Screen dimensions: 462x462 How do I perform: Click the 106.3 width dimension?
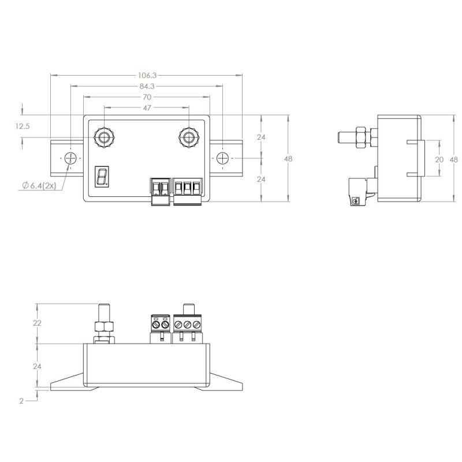[x=147, y=76]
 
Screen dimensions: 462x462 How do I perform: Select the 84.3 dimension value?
[x=147, y=86]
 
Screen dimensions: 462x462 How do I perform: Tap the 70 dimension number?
[x=147, y=97]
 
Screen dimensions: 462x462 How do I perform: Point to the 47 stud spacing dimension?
[x=147, y=108]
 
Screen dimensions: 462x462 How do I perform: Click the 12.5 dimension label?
[x=23, y=126]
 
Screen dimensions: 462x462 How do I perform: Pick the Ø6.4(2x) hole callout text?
[x=39, y=185]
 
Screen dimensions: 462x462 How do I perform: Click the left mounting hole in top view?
[x=70, y=158]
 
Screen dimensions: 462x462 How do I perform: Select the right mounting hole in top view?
[x=222, y=158]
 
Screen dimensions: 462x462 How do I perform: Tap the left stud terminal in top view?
[x=105, y=137]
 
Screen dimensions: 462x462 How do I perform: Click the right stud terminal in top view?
[x=189, y=137]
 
